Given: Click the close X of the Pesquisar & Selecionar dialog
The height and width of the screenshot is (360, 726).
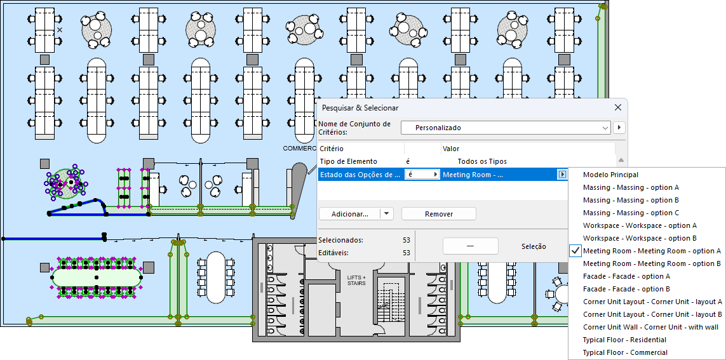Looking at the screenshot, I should coord(618,108).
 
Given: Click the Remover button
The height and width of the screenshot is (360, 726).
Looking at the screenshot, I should coord(439,214).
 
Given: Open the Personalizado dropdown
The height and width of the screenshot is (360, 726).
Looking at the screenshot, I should coord(506,128).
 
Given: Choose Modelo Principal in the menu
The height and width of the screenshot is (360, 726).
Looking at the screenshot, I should coord(610,175).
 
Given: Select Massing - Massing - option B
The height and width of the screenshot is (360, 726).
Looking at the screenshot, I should coord(631,200).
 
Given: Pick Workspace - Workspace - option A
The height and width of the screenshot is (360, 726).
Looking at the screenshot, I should coord(640,225).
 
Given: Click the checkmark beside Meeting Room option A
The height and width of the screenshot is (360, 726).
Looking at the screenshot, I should coord(575,251).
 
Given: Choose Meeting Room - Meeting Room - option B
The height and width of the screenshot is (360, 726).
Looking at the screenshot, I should coord(652,263).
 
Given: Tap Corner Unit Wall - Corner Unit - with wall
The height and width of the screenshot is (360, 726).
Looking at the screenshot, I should coord(651,327).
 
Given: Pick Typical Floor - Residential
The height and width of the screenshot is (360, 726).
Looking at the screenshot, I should coord(624,340).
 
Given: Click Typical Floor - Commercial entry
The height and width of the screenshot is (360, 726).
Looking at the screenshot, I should coord(625,352).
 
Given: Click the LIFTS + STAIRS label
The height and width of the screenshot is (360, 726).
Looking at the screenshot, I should coord(356,280).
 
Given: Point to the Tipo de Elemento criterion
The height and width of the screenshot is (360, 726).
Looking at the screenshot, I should coord(348,161).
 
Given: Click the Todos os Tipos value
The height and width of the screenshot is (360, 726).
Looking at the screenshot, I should coord(482,161).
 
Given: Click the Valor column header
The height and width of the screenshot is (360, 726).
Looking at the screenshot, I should coord(451,149).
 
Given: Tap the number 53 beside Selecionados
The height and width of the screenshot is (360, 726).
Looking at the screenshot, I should coord(407,240).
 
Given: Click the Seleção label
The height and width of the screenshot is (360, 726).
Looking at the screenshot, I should coord(534,246).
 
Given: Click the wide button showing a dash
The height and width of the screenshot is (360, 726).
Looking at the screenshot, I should coord(470,246).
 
